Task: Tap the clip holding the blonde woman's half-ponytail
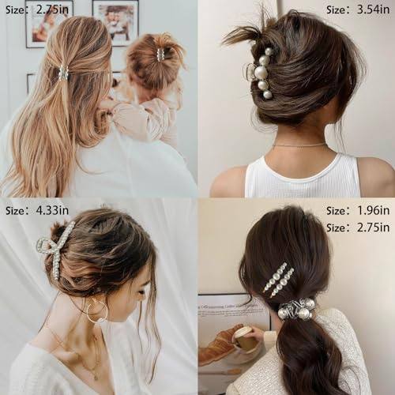63,73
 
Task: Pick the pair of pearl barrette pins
279,279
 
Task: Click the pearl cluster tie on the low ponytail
298,310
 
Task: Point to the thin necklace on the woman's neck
299,145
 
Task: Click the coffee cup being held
243,337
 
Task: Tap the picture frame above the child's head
115,22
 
